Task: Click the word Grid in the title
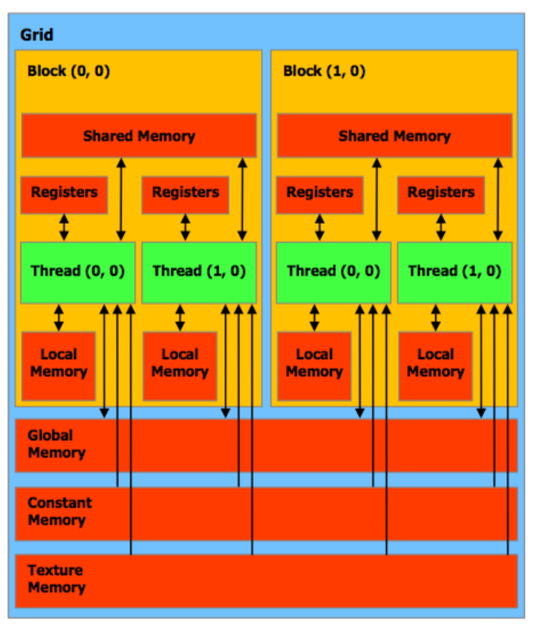[x=37, y=34]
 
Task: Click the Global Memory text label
[x=56, y=444]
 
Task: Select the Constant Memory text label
[x=59, y=511]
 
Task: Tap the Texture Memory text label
[x=56, y=579]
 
